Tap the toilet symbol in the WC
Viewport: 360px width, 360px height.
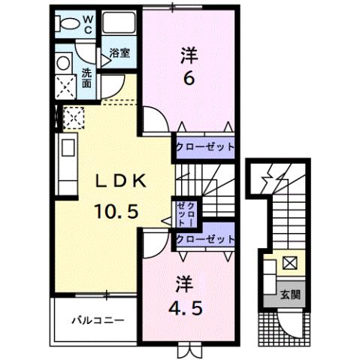tap(68, 23)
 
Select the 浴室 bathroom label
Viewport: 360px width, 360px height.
tap(119, 53)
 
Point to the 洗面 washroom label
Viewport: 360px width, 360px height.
tap(87, 76)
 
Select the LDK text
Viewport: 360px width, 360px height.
tap(124, 180)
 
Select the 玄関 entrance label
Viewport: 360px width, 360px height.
tap(289, 295)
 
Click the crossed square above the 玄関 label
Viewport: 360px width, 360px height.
tap(289, 264)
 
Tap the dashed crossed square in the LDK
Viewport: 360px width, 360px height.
tap(74, 116)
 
